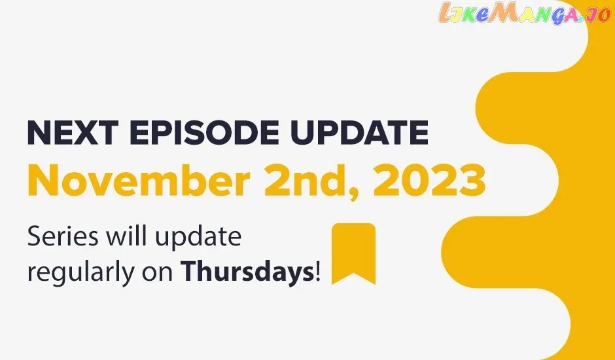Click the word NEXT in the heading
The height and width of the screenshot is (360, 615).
coord(73,133)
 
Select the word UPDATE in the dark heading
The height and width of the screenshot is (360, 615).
coord(359,133)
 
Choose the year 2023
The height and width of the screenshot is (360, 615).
coord(429,181)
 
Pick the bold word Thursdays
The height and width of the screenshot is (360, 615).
coord(247,272)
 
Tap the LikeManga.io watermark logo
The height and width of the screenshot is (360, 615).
coord(523,14)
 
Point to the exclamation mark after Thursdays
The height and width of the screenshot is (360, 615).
coord(318,272)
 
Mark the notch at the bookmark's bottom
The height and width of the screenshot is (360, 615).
coord(353,273)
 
